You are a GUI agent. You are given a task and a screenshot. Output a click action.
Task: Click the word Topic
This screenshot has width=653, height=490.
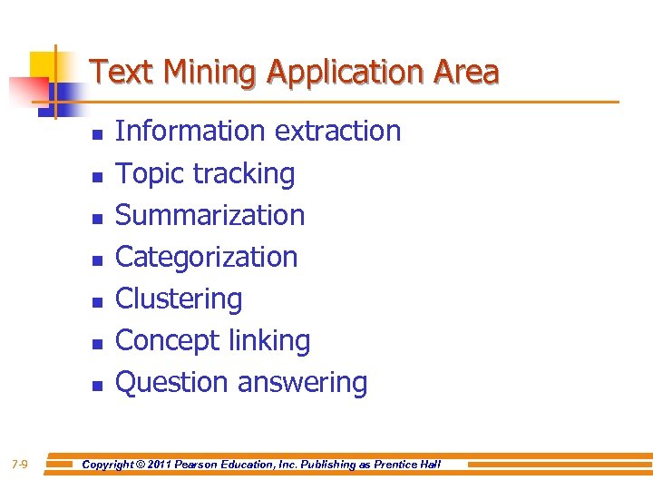[148, 173]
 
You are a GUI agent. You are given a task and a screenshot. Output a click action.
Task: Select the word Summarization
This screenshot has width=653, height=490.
[210, 215]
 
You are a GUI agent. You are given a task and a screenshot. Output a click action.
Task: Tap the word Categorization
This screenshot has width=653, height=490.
[207, 257]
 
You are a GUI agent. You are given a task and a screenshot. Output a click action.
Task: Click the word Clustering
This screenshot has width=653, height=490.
[179, 299]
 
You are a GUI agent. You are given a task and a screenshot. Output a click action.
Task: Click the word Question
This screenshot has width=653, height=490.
[172, 382]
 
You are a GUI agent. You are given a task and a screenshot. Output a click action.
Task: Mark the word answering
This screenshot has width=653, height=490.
[303, 382]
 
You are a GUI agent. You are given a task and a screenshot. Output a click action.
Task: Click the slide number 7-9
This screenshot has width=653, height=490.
[20, 465]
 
